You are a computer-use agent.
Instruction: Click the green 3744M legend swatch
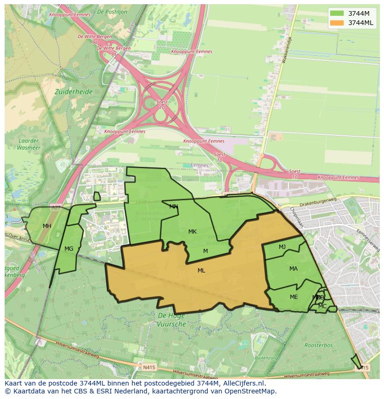pos(337,13)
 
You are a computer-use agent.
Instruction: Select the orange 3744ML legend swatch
pos(337,23)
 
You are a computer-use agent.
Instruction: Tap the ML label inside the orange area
pos(201,271)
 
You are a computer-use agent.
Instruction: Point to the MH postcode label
pos(47,226)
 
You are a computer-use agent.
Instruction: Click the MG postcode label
pos(69,249)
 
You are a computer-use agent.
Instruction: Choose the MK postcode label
pos(192,232)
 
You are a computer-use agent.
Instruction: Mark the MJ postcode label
pos(282,247)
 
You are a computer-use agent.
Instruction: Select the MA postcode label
pos(294,269)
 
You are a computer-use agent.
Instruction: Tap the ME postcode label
pos(294,297)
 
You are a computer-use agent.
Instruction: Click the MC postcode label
pos(322,306)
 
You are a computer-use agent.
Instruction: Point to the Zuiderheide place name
pos(73,92)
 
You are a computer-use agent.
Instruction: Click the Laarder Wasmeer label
pos(29,144)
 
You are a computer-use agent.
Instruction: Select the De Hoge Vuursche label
pos(171,320)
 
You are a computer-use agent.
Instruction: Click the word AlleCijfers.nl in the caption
pos(243,383)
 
